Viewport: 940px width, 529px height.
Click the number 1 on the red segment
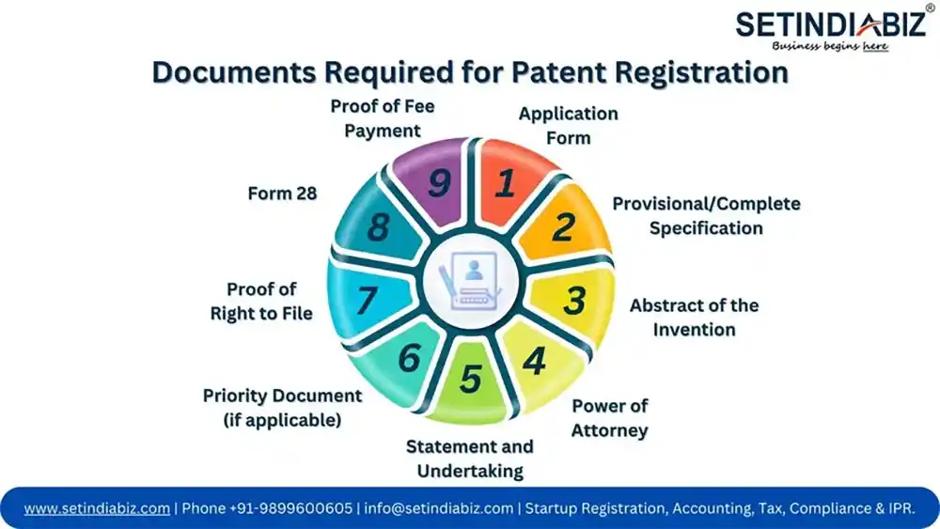click(505, 184)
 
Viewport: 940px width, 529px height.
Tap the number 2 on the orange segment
click(563, 227)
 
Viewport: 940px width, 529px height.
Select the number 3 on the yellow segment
click(574, 301)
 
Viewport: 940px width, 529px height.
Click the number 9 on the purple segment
click(438, 183)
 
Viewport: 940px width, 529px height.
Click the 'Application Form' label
click(569, 126)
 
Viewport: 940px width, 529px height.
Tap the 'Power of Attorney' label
click(610, 418)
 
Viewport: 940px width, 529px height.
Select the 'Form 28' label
click(282, 194)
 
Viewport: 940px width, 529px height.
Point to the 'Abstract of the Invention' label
click(694, 317)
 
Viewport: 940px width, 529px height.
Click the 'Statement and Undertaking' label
click(470, 458)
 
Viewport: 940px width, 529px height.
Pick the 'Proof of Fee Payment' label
click(383, 118)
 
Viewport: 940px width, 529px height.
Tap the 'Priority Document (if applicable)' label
click(282, 408)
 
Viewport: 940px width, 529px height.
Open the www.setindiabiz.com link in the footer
click(97, 508)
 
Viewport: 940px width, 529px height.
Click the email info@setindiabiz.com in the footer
click(439, 508)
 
